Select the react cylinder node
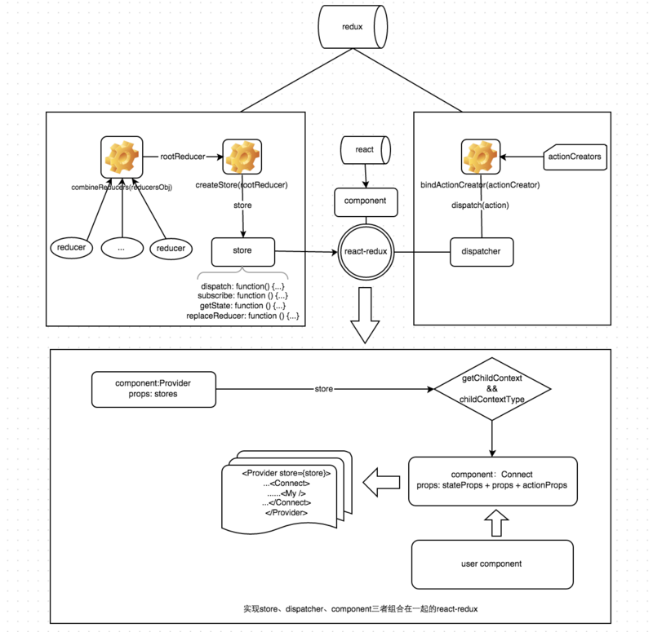coord(364,150)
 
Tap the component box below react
coord(365,200)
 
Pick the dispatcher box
coord(481,251)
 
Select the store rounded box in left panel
coord(242,251)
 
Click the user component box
coord(492,563)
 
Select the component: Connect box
coord(492,480)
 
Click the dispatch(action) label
coord(481,205)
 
